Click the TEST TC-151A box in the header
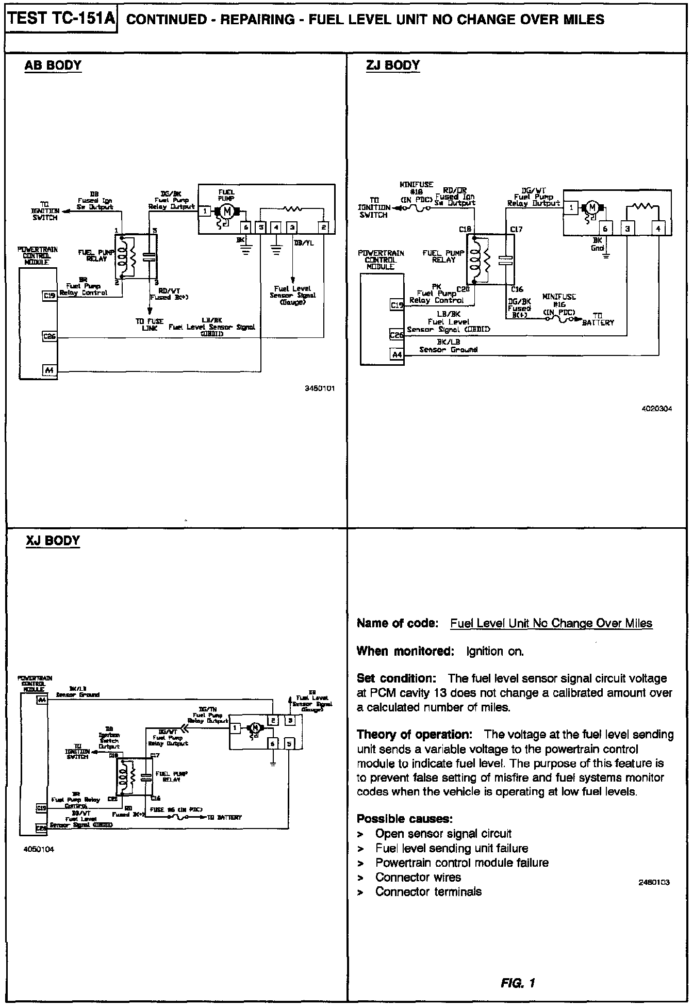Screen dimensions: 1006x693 pos(61,20)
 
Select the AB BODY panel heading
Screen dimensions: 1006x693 pos(53,66)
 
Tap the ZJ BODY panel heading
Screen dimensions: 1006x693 pos(393,66)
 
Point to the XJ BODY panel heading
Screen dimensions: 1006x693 pos(53,541)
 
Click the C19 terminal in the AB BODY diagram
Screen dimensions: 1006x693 pos(49,296)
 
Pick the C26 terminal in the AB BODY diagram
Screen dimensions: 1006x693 pos(49,337)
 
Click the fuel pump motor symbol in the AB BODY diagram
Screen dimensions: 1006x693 pos(226,210)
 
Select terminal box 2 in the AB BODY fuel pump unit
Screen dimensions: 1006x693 pos(324,227)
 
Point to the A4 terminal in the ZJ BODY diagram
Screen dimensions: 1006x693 pos(397,354)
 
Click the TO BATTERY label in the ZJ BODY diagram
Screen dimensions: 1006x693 pos(598,319)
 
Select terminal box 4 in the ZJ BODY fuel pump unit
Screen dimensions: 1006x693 pos(658,229)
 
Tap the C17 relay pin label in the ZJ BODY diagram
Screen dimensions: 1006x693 pos(516,229)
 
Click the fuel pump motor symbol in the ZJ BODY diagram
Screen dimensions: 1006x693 pos(592,207)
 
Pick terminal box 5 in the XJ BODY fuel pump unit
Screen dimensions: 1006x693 pos(289,743)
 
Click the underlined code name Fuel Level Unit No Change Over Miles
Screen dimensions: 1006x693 pos(551,623)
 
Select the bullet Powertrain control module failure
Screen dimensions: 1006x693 pos(461,863)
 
